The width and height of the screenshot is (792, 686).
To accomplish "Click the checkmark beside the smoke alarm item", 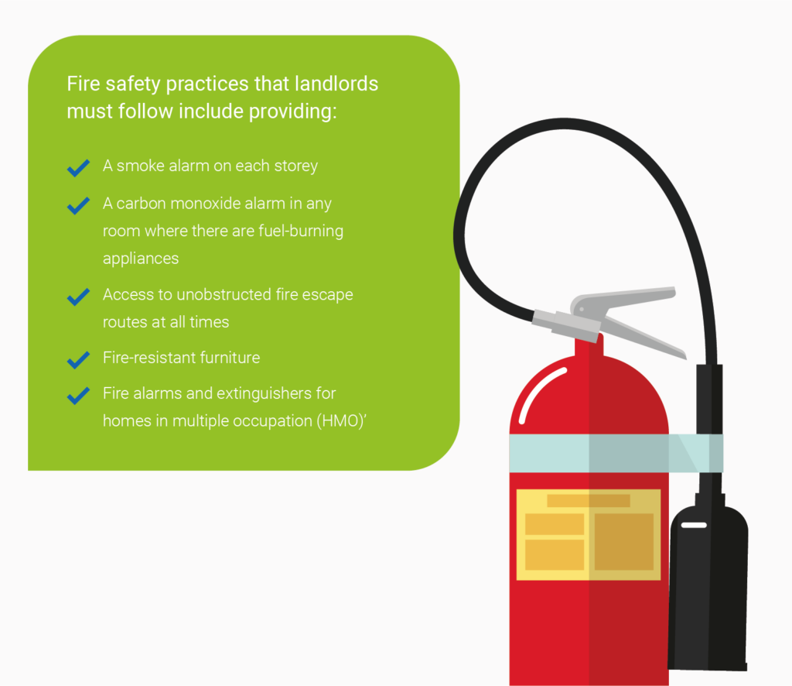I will [78, 168].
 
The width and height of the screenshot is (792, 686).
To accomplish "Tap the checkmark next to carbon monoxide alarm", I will [78, 205].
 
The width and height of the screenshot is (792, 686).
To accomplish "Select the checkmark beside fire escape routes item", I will [78, 297].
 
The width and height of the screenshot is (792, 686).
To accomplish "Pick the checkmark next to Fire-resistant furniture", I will [78, 359].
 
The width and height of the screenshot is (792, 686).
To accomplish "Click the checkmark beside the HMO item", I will [78, 396].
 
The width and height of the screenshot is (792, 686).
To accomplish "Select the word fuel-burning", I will [298, 231].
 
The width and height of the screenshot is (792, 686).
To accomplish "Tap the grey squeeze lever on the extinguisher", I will [626, 310].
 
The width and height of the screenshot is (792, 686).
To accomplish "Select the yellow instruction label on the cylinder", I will [588, 534].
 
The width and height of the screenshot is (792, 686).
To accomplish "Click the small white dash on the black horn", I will [694, 526].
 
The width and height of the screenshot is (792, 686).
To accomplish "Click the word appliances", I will [140, 259].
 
